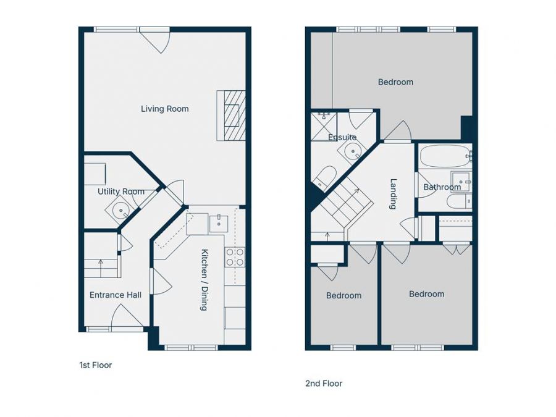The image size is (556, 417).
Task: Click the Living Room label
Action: [x=164, y=109]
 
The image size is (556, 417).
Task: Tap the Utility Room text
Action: [x=120, y=192]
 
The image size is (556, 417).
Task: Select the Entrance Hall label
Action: [x=115, y=295]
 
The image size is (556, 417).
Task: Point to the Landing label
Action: [x=394, y=194]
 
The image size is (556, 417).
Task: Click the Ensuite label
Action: [x=342, y=137]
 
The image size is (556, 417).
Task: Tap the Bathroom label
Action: [x=442, y=187]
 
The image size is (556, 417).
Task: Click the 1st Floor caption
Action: [x=95, y=365]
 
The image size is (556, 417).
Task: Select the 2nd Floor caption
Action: [x=323, y=383]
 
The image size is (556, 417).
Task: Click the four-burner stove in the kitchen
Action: [x=235, y=257]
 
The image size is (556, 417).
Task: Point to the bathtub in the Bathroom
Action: [x=444, y=158]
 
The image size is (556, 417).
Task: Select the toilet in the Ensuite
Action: [x=323, y=178]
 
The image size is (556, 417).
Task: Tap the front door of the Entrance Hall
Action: [x=124, y=316]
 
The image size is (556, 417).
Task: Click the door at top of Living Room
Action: [x=154, y=40]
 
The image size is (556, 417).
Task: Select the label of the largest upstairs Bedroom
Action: [x=395, y=82]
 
